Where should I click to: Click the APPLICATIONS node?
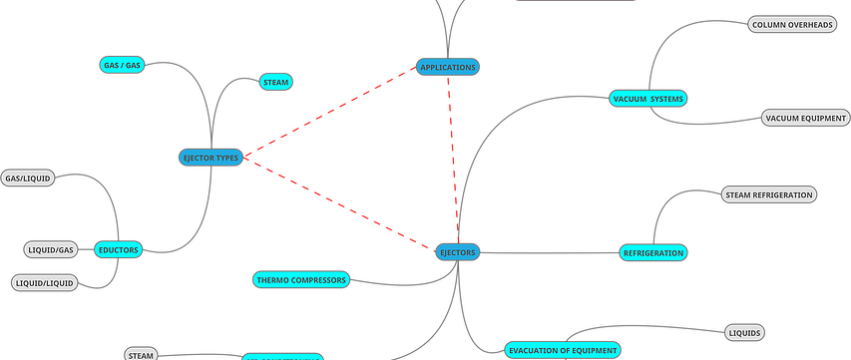(x=449, y=67)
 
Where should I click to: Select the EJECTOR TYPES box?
(x=211, y=158)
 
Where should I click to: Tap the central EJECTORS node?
(x=458, y=253)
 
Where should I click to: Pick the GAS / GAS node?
(x=123, y=66)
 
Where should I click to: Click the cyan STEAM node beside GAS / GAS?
(x=274, y=83)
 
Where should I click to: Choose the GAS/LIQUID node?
(x=28, y=179)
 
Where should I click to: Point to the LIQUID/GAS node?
(x=49, y=248)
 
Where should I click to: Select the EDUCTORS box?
(x=119, y=249)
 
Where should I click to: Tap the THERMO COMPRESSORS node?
(x=300, y=280)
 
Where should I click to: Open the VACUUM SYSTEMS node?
(x=647, y=99)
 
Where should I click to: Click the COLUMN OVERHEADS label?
(x=791, y=24)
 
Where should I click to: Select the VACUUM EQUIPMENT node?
(x=805, y=119)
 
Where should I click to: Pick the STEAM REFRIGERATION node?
(x=768, y=194)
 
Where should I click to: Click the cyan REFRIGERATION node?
(x=653, y=253)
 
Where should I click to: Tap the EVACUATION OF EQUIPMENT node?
(x=562, y=350)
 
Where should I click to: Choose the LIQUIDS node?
(x=744, y=332)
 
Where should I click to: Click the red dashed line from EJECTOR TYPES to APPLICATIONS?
(x=329, y=113)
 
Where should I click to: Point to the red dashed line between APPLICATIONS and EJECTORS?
(x=453, y=160)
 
